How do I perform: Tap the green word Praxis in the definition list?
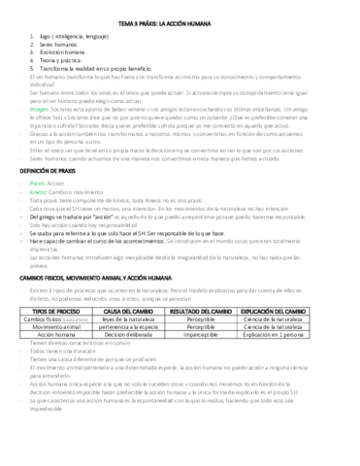[38, 182]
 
